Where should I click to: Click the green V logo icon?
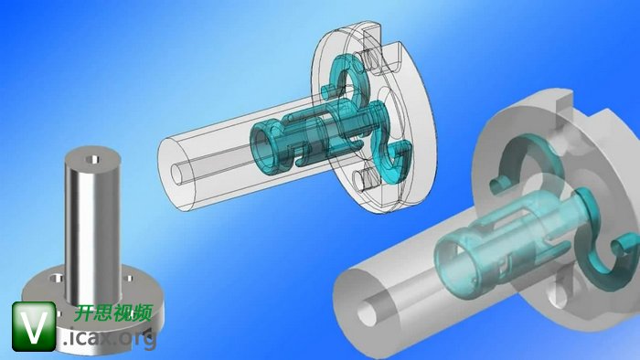(x=34, y=326)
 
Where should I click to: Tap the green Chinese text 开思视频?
(x=113, y=312)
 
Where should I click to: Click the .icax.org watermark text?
(x=111, y=337)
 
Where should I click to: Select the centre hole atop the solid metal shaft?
(x=94, y=159)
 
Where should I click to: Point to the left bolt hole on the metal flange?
(x=57, y=279)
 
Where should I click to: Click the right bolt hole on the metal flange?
(x=128, y=279)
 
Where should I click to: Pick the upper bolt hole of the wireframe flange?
(x=369, y=59)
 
